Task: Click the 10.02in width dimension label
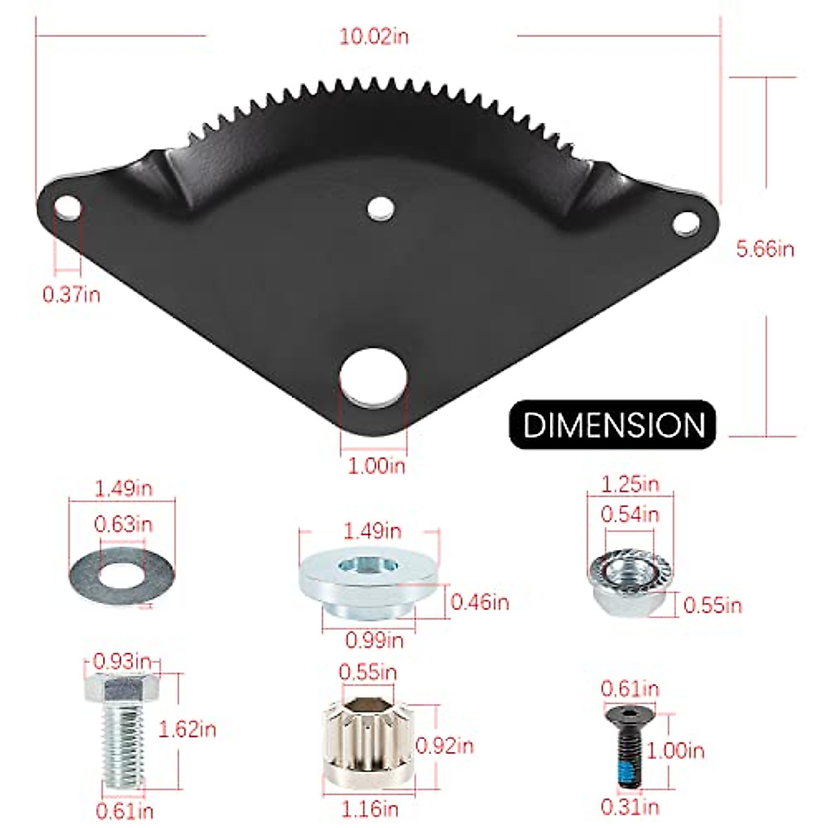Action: (373, 36)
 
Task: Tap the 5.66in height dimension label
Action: (765, 248)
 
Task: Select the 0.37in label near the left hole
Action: (71, 295)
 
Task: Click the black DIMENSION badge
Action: (613, 424)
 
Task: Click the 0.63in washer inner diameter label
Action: (123, 524)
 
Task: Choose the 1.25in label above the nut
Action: (630, 484)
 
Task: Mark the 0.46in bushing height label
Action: (480, 602)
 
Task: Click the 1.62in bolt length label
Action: (187, 729)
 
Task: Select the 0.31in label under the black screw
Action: (629, 806)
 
